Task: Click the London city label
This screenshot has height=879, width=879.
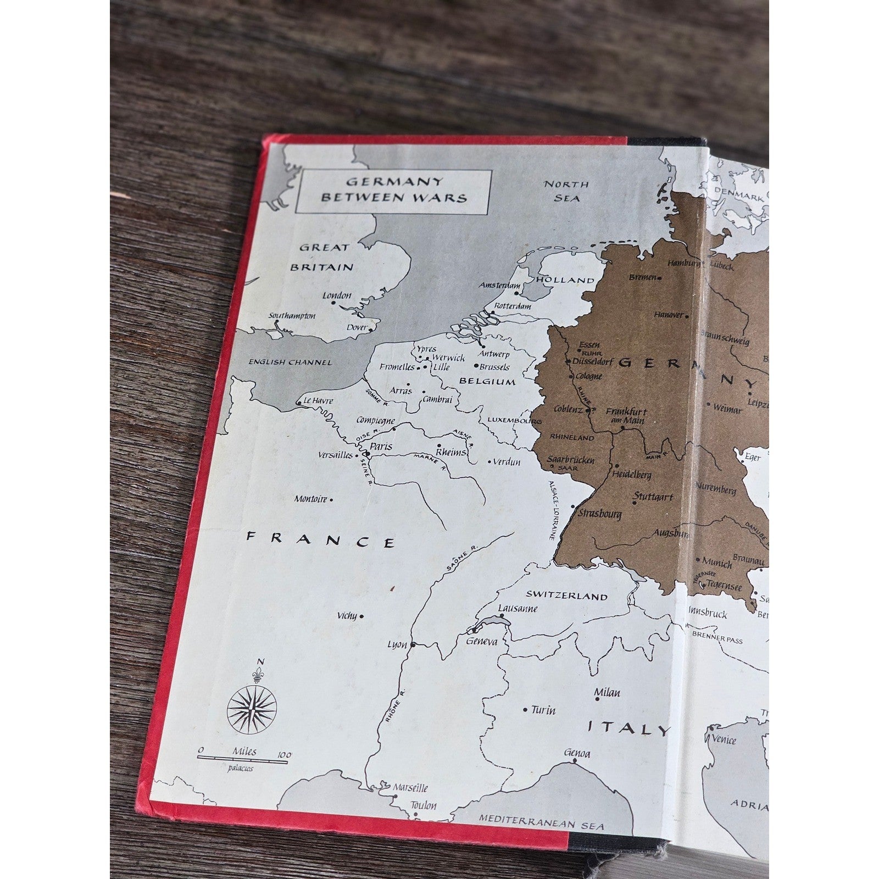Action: pos(337,296)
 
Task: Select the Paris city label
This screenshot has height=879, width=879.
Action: pos(381,447)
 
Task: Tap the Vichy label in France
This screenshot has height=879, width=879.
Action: pos(347,616)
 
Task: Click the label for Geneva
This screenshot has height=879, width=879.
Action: pos(481,642)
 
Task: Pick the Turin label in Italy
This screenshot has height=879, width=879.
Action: pos(543,710)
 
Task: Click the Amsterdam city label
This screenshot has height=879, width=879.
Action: pos(499,286)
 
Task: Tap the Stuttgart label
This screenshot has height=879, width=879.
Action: pos(653,497)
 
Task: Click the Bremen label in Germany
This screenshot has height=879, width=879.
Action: pos(642,277)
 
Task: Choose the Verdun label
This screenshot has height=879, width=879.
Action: pos(506,462)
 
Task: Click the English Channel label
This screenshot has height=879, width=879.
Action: pos(290,362)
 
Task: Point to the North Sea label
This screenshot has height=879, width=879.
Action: pos(566,191)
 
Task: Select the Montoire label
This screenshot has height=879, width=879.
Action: pos(311,499)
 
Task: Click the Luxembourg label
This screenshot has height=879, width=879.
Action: pos(514,421)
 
